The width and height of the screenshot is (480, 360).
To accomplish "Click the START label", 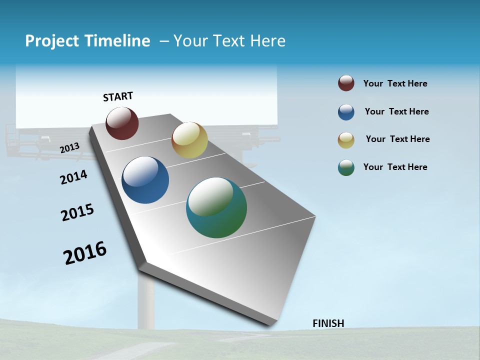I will point(118,96).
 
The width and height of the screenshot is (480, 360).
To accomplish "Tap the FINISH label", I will point(328,323).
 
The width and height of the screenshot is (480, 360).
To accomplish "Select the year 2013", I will point(70,147).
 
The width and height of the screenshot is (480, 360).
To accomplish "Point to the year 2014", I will point(73,177).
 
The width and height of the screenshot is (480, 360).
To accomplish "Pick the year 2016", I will point(85,252).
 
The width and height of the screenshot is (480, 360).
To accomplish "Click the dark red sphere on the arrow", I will point(122,123).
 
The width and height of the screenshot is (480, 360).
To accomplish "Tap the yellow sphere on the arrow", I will point(189,140).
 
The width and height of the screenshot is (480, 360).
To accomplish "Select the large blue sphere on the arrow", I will point(145,180).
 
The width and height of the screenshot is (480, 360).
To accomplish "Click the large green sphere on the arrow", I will point(216,207).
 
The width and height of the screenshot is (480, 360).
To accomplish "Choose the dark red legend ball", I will point(346,83).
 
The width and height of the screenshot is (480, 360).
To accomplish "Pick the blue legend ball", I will point(346,112).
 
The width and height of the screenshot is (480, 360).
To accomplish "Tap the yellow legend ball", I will point(346,140).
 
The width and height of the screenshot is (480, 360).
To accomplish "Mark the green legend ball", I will point(346,167).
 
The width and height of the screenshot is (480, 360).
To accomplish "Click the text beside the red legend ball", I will point(395,84).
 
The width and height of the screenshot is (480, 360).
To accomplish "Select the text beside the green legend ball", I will point(395,167).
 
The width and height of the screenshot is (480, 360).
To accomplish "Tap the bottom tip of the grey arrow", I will point(270,324).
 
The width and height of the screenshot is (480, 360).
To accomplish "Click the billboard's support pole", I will point(146,300).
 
